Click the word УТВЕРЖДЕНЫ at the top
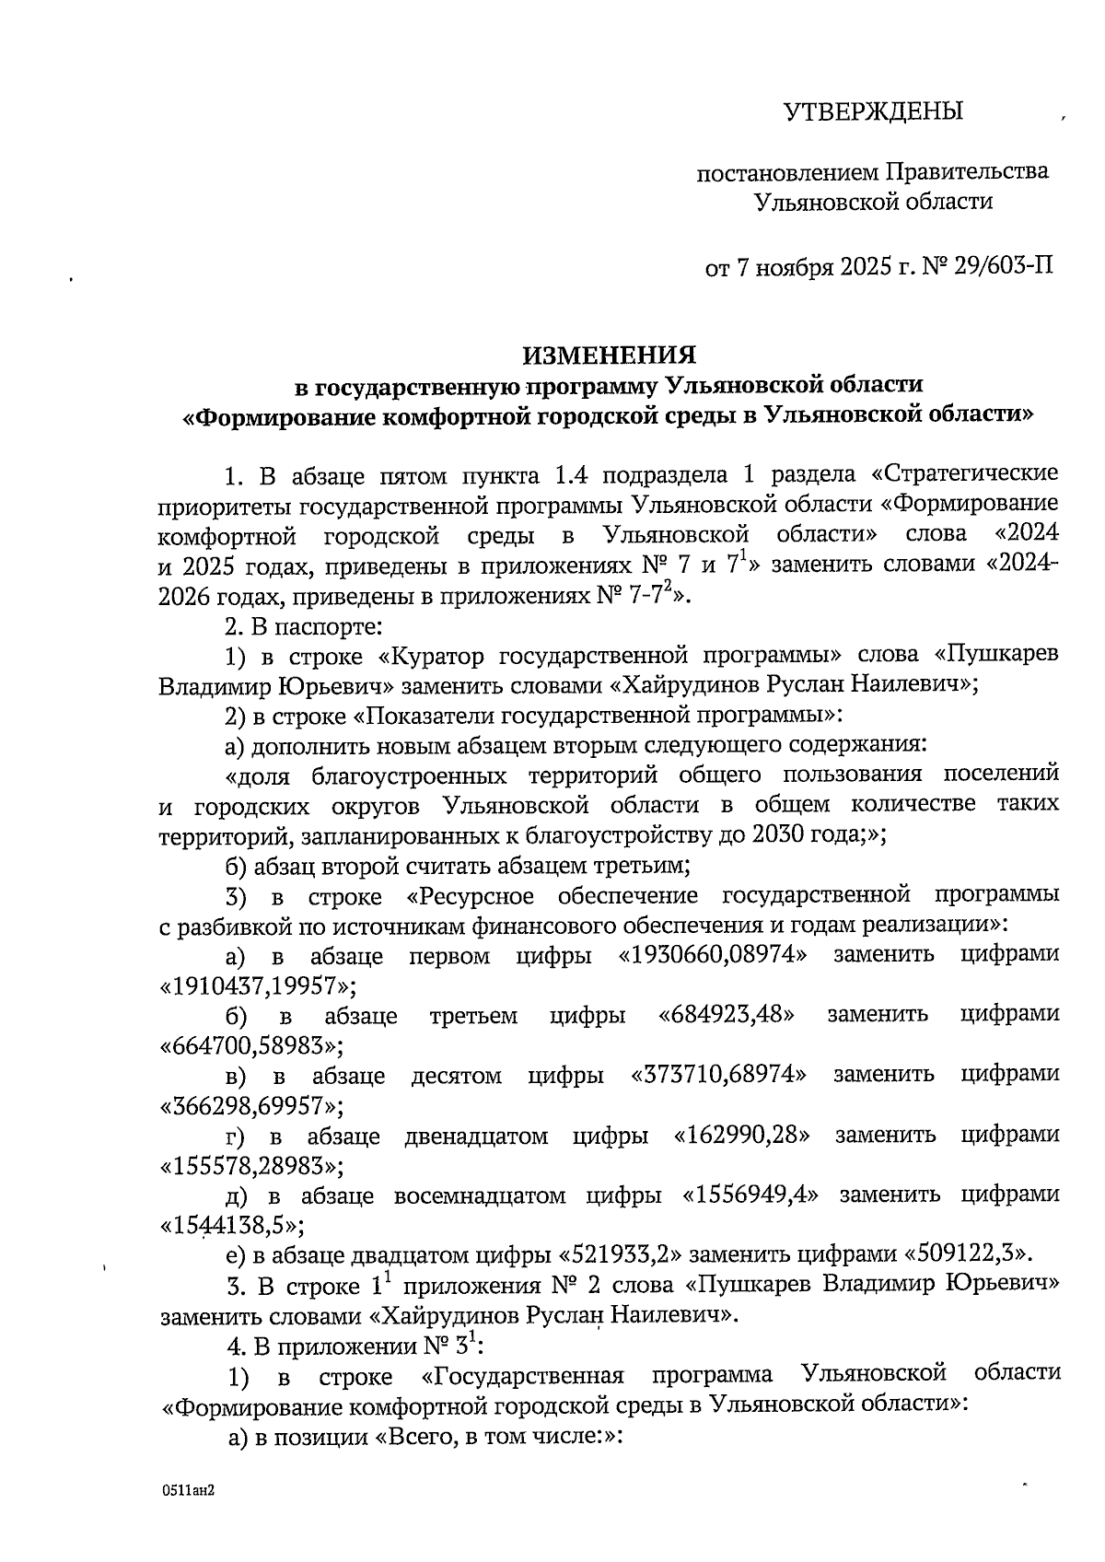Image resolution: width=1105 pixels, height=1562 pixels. click(872, 112)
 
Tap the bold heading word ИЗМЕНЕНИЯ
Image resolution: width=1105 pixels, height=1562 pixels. click(610, 355)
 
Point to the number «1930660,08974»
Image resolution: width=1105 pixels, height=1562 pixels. click(713, 956)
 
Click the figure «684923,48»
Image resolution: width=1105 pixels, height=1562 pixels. click(727, 1016)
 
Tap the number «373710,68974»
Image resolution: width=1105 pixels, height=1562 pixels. click(719, 1075)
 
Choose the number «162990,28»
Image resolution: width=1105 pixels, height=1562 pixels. click(742, 1136)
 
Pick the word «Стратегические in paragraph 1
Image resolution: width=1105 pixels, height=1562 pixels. click(963, 476)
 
